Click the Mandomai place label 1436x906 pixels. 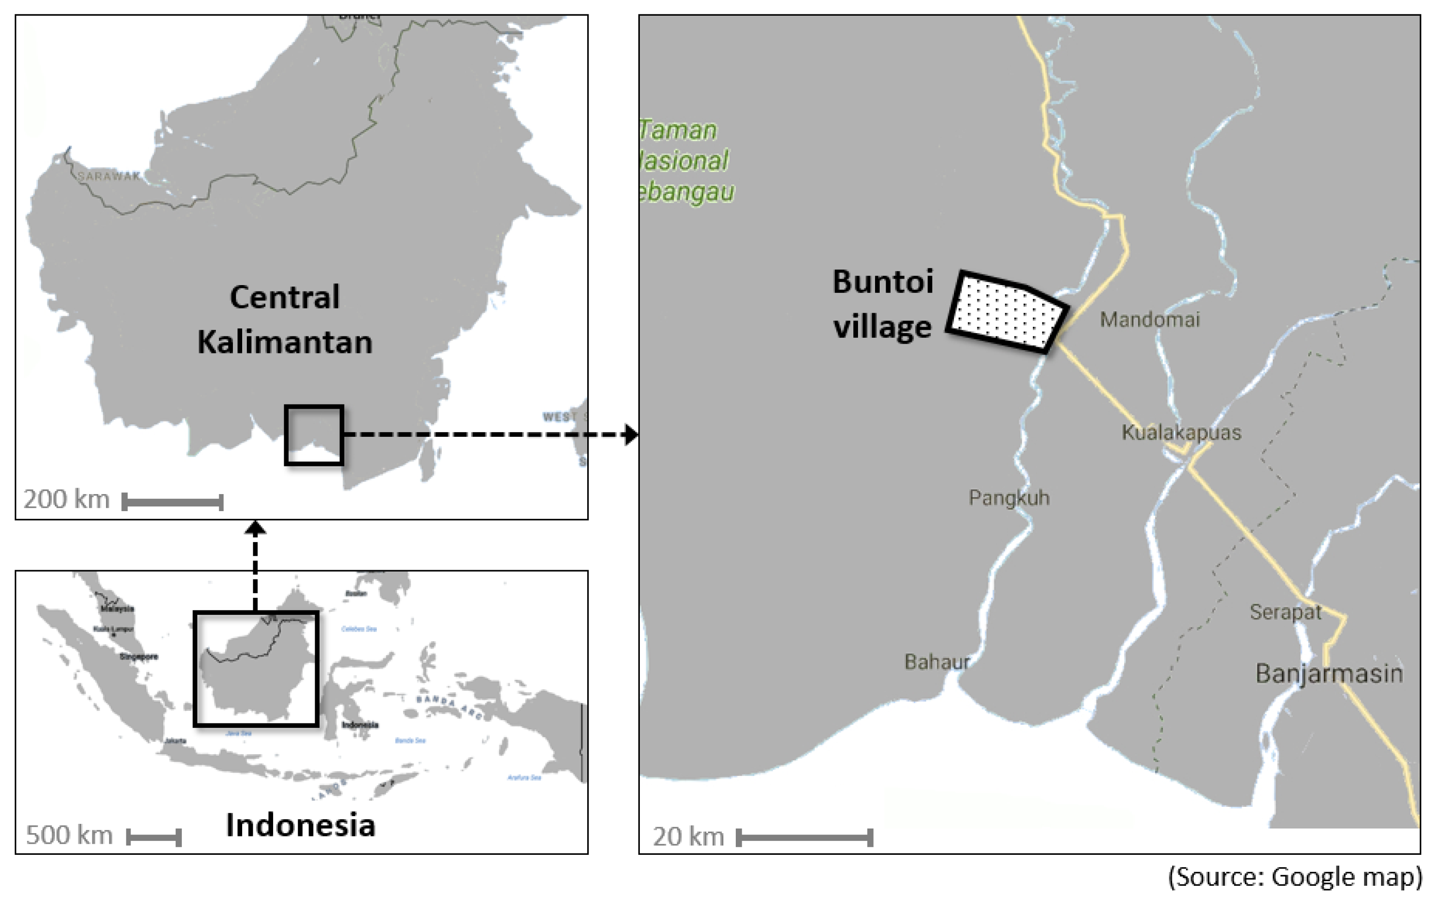coord(1149,320)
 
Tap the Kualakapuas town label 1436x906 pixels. coord(1181,432)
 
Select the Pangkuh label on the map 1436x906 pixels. coord(1008,497)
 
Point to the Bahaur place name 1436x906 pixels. coord(937,662)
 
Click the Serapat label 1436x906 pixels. coord(1285,612)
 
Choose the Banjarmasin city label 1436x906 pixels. coord(1329,674)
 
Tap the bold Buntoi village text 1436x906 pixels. coord(882,304)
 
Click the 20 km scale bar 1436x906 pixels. coord(804,837)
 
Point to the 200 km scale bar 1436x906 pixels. coord(173,502)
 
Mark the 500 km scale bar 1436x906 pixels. coord(154,837)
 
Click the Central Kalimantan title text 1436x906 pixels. coord(285,320)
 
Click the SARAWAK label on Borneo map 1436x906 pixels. coord(108,176)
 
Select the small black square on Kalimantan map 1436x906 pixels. coord(314,435)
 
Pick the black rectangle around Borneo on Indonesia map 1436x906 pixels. coord(256,668)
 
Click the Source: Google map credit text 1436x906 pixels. coord(1294,877)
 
